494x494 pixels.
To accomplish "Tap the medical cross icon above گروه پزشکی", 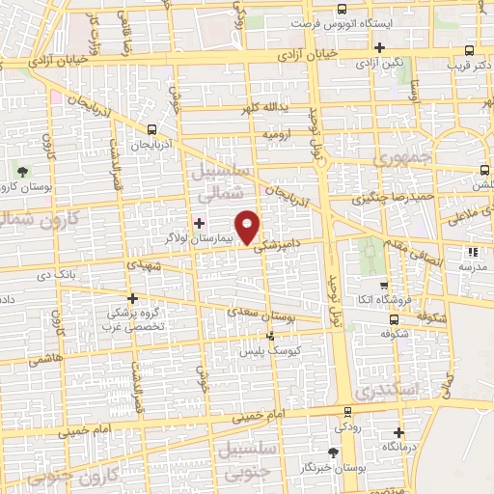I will pyautogui.click(x=132, y=298).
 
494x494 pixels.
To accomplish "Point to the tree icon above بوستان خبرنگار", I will pyautogui.click(x=334, y=451).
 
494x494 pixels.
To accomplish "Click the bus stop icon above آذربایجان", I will pyautogui.click(x=151, y=128).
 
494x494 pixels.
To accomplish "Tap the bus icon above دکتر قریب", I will pyautogui.click(x=469, y=52).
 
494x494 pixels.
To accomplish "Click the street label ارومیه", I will pyautogui.click(x=278, y=135).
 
